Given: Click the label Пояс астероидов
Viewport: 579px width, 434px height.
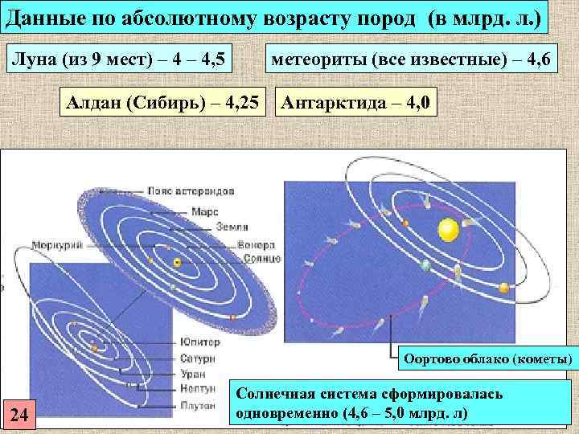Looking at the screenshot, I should (x=191, y=193).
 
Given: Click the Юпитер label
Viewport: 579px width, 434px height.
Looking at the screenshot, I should (x=199, y=342).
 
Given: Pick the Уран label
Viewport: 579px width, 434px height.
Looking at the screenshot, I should (x=193, y=374).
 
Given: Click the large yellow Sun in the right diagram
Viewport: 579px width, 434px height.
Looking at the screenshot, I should (x=447, y=231).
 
